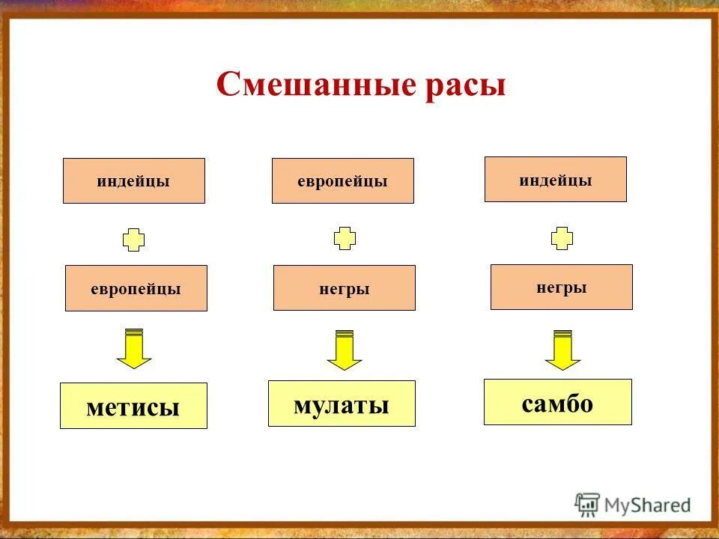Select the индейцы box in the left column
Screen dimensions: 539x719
tap(133, 181)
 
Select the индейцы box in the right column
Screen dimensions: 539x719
tap(555, 180)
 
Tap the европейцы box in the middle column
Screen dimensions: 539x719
tap(342, 181)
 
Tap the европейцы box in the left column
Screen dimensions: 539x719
tap(136, 288)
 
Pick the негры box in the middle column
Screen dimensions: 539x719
tap(344, 288)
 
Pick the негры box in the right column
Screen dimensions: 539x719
tap(561, 287)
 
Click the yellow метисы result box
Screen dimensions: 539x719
tap(133, 406)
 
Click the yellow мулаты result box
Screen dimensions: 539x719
tap(342, 404)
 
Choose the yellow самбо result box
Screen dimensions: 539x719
tap(557, 402)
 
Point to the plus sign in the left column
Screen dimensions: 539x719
tap(133, 240)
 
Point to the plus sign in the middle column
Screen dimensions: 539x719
tap(345, 238)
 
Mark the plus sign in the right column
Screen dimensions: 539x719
tap(562, 238)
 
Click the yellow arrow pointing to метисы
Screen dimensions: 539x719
tap(134, 349)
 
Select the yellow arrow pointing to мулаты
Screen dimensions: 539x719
tap(345, 350)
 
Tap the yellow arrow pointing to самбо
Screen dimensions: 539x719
tap(562, 350)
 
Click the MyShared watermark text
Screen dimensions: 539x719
tap(648, 505)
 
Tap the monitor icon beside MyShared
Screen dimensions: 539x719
tap(588, 505)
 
